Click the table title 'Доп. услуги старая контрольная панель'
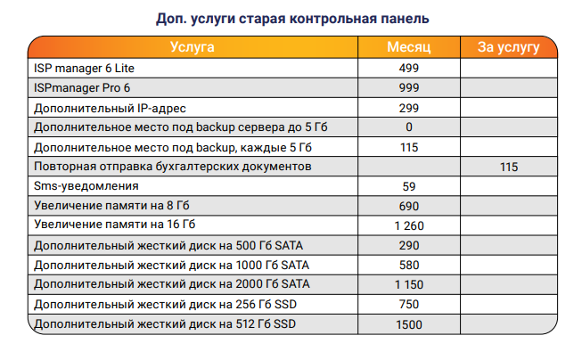[291, 18]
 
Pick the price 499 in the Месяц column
[409, 68]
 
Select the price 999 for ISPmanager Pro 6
[409, 87]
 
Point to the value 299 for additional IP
[409, 107]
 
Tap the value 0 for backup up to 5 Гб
[409, 127]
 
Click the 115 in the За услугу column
[509, 167]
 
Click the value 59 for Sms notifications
[409, 186]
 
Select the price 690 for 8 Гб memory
[409, 206]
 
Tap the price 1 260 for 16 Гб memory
[409, 225]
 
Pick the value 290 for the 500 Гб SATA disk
[409, 245]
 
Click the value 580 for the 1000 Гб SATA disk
[409, 265]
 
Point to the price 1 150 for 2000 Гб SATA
[409, 284]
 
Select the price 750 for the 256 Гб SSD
[409, 304]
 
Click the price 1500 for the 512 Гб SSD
[409, 323]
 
